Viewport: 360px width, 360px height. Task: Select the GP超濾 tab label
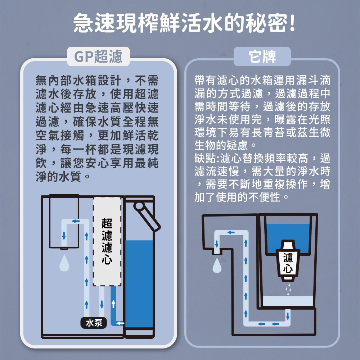(98, 57)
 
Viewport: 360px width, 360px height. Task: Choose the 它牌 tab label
(262, 56)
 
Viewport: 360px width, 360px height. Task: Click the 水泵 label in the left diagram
(94, 323)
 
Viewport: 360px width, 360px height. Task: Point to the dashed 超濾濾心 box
(107, 241)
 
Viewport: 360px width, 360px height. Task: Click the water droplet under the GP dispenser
(64, 263)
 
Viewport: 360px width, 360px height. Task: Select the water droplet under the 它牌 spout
(217, 266)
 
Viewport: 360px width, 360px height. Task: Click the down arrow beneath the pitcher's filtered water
(287, 316)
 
